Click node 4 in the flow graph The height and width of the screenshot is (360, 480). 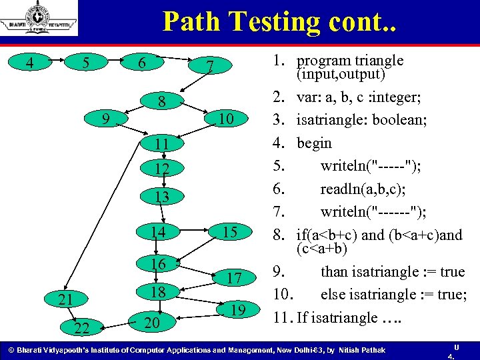coord(28,63)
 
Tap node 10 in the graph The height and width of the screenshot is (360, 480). coord(227,119)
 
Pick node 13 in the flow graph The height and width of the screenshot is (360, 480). coord(161,197)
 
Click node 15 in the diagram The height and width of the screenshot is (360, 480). coord(229,232)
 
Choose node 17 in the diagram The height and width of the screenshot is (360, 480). coord(233,278)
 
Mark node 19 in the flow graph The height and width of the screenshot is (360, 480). coord(237,309)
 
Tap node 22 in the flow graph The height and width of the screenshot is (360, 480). coord(83,327)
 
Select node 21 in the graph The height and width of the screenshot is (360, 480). coord(65,299)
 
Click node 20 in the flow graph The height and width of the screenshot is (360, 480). coord(151,323)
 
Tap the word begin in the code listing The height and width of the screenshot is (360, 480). coord(314,143)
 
